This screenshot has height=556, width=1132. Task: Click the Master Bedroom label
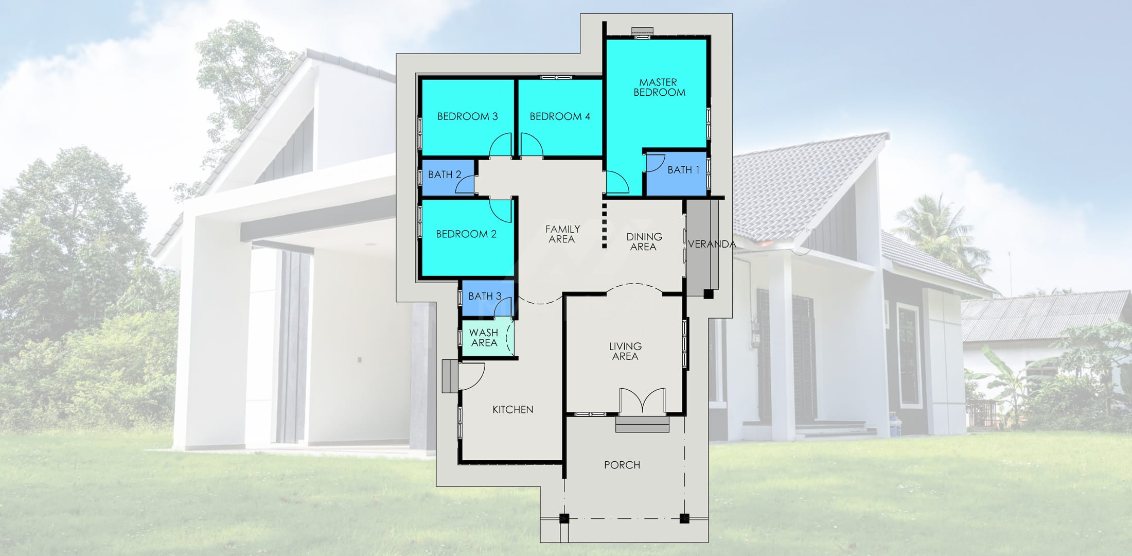click(659, 88)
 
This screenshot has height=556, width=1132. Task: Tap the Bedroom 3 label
click(467, 116)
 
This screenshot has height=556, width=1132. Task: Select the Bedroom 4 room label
click(560, 116)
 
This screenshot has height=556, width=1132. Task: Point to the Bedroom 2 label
click(466, 234)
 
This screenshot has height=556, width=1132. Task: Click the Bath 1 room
click(677, 173)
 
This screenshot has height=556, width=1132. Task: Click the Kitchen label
click(512, 410)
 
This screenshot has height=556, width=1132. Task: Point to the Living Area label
click(625, 351)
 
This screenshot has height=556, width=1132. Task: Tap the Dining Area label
click(644, 242)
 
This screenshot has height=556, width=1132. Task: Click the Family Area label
click(562, 234)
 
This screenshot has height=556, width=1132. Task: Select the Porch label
click(622, 465)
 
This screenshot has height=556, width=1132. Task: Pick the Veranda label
click(712, 245)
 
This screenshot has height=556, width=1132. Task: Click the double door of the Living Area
click(642, 401)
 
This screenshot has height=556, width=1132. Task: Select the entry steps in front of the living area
click(642, 425)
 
